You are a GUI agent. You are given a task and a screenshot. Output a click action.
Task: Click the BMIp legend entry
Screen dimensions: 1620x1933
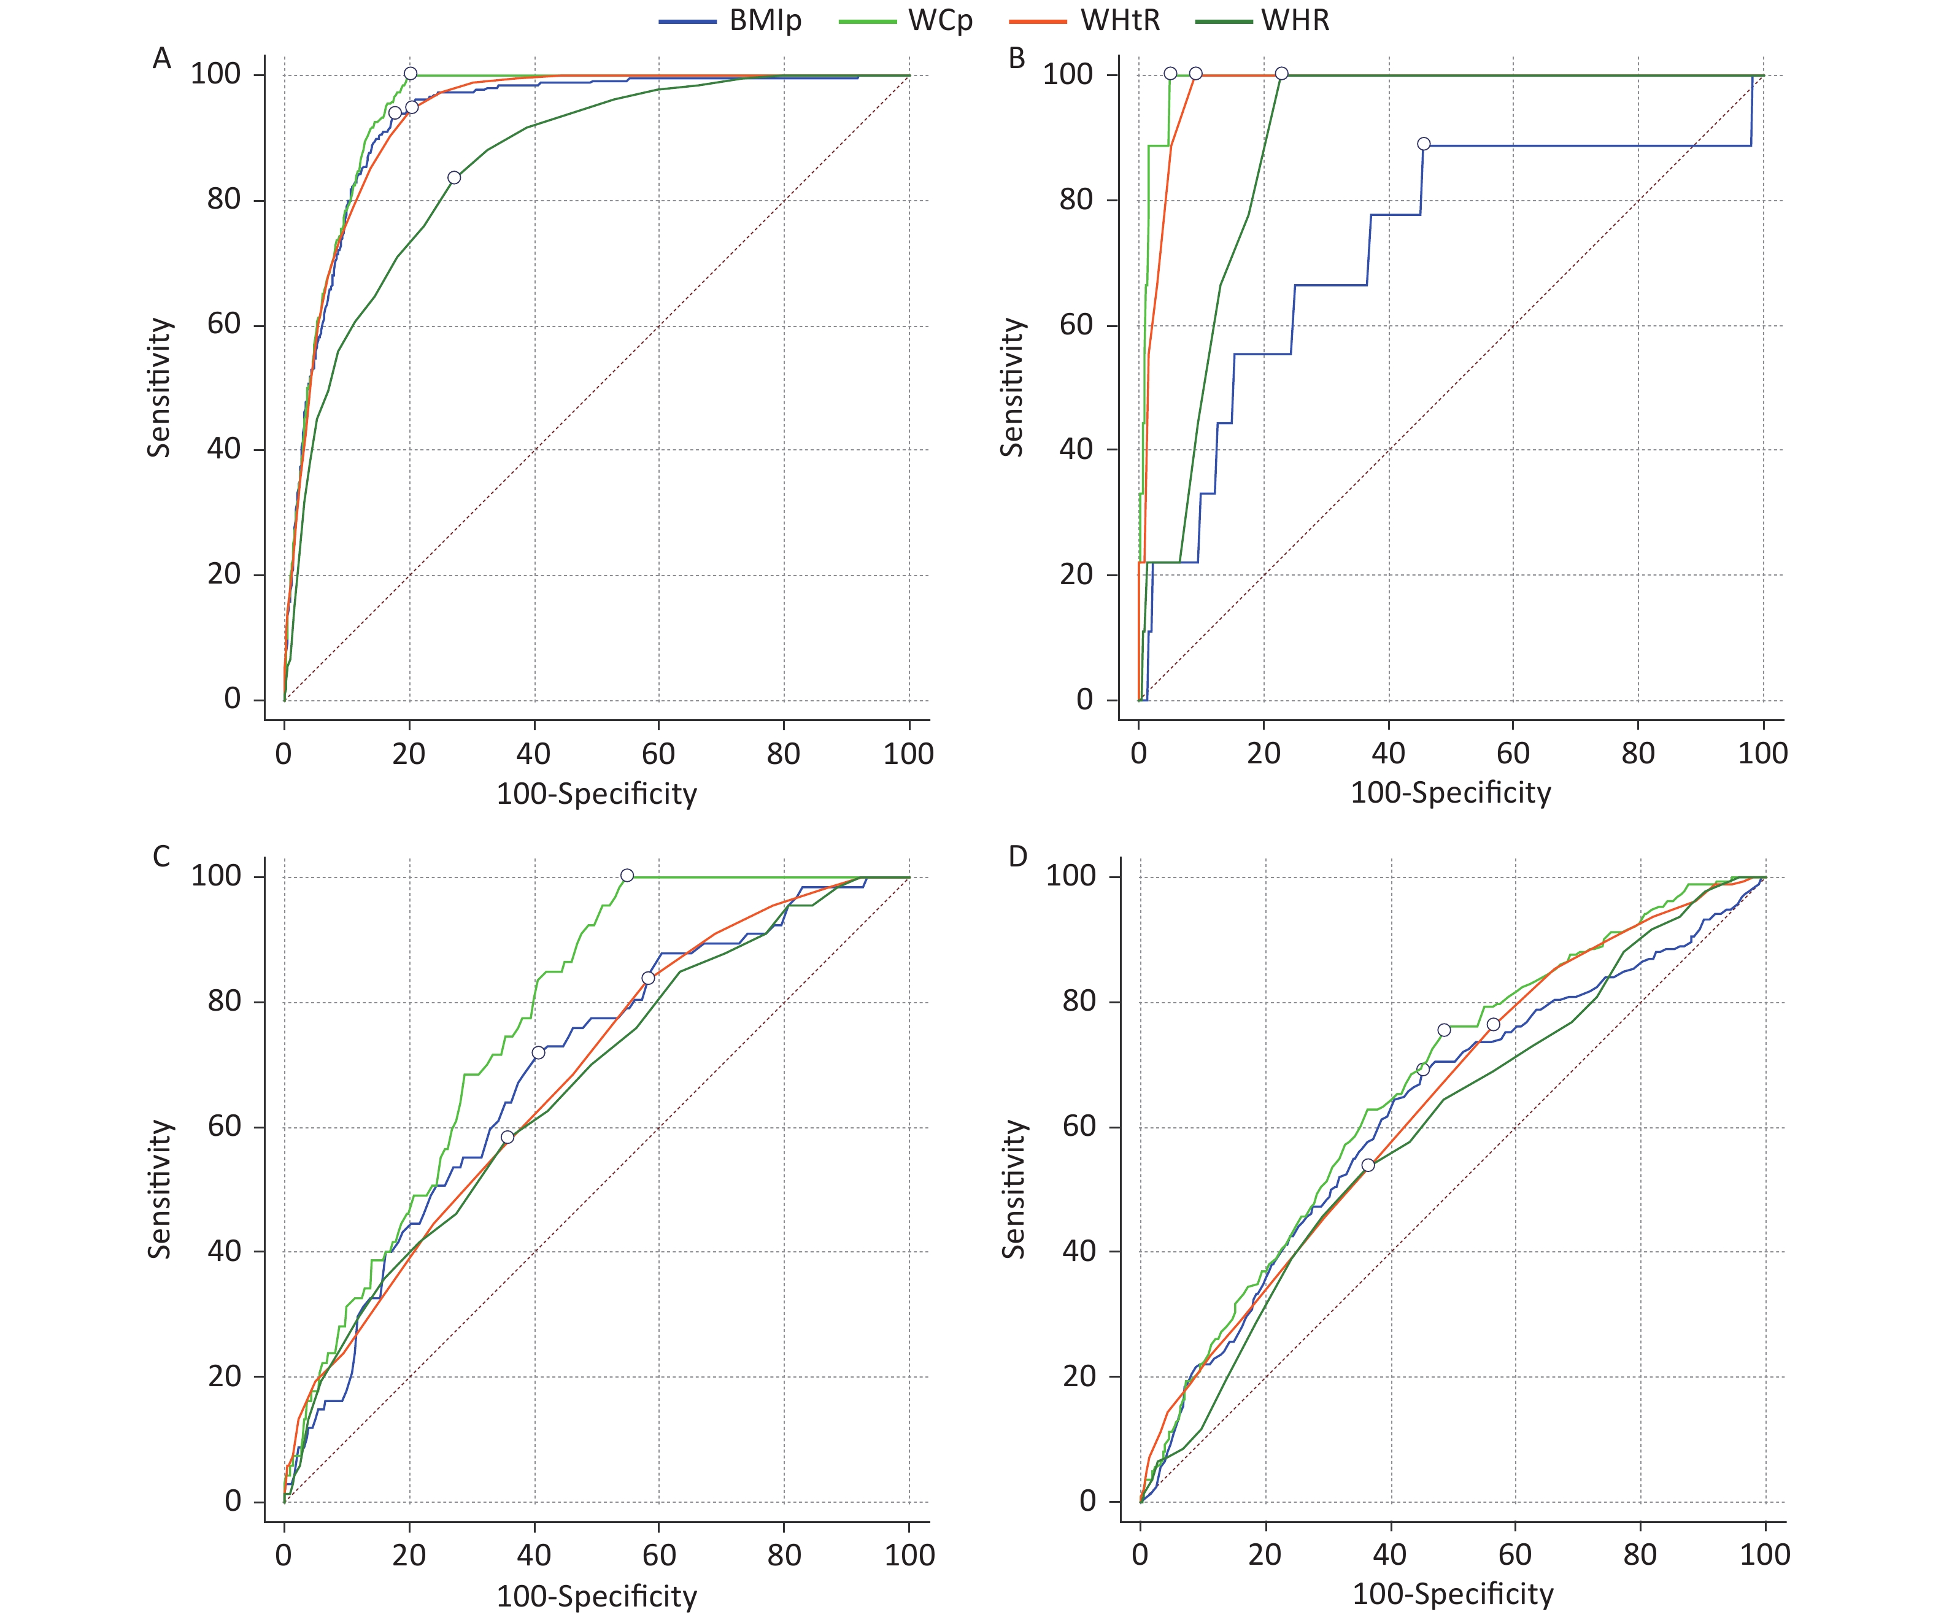(731, 20)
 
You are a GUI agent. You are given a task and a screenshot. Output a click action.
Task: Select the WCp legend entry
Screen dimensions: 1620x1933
(907, 20)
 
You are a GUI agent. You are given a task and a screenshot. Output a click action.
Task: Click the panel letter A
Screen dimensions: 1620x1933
(162, 59)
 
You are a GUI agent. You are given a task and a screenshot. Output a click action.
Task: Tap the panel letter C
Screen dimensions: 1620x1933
(162, 857)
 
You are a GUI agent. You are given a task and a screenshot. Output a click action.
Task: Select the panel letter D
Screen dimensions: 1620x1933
(1017, 857)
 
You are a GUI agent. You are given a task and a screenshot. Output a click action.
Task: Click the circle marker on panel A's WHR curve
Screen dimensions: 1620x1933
(454, 178)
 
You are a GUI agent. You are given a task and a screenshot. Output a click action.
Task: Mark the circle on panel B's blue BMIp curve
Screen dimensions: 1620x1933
(1423, 144)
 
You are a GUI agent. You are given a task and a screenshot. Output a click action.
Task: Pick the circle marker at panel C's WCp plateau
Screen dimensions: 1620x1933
(627, 875)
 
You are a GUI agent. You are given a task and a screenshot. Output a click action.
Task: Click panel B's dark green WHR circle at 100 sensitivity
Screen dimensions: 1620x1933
(1281, 74)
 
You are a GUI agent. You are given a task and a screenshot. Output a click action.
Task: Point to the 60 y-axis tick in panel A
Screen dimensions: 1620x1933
(223, 325)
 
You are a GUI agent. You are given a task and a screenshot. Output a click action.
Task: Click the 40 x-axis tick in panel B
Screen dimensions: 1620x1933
(1388, 753)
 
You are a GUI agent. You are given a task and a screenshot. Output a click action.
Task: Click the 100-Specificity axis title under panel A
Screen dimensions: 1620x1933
(596, 794)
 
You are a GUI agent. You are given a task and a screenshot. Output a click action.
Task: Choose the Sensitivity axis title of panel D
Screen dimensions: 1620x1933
(1014, 1189)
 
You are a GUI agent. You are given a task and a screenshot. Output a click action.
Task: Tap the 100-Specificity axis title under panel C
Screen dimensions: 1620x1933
(596, 1597)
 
